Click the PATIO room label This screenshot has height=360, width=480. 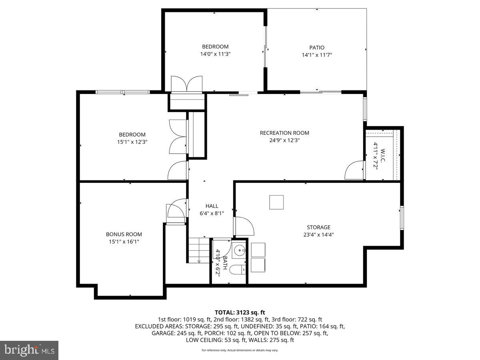pyautogui.click(x=317, y=48)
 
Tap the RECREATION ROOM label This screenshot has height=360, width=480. pyautogui.click(x=284, y=133)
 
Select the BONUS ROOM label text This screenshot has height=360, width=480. pyautogui.click(x=124, y=234)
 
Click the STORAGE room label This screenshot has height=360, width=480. pyautogui.click(x=318, y=227)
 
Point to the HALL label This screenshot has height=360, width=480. pyautogui.click(x=212, y=206)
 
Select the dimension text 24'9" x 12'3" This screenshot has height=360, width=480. pyautogui.click(x=284, y=140)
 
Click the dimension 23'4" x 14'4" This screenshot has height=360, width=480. pyautogui.click(x=318, y=235)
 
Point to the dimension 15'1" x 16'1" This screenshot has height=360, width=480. pyautogui.click(x=124, y=242)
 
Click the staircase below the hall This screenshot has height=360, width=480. pyautogui.click(x=199, y=250)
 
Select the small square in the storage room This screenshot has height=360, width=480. pyautogui.click(x=276, y=202)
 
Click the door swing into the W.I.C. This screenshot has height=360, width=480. pyautogui.click(x=354, y=171)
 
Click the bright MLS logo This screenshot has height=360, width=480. pyautogui.click(x=29, y=350)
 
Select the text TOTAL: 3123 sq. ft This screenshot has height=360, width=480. pyautogui.click(x=240, y=312)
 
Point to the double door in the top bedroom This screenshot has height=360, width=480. pyautogui.click(x=187, y=84)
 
